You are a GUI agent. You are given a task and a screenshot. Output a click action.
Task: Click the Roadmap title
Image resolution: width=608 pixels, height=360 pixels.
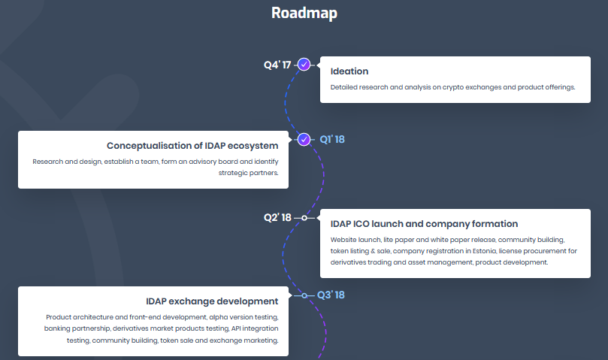click(x=304, y=13)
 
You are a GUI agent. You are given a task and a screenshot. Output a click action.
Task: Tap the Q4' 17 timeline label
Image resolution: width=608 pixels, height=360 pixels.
click(x=277, y=65)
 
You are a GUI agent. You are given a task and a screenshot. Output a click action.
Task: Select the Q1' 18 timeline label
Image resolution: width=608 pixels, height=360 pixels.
click(x=332, y=139)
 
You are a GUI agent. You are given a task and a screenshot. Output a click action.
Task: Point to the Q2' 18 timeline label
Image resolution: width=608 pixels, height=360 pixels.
click(x=277, y=217)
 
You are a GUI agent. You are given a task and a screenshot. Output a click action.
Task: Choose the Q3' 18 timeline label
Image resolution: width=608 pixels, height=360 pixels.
click(x=331, y=295)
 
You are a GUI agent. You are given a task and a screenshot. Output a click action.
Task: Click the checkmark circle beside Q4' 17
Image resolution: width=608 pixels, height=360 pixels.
click(x=304, y=65)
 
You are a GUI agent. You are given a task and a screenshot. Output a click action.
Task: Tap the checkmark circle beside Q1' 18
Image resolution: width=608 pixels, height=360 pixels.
click(x=304, y=139)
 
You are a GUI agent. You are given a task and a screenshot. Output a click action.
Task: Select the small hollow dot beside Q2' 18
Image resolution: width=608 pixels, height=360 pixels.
click(x=304, y=217)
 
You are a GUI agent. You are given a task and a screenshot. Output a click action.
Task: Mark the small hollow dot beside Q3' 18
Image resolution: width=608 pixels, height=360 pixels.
click(x=304, y=295)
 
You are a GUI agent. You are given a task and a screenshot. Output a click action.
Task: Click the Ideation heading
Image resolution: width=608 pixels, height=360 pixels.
click(x=349, y=71)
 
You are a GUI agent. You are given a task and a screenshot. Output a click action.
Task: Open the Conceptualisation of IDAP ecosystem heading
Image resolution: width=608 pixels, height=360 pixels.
click(x=192, y=146)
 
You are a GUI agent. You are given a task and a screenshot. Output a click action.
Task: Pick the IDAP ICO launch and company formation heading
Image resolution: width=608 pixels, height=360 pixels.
click(x=424, y=224)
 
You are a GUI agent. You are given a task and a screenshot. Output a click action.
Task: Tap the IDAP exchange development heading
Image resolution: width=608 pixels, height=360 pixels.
click(x=213, y=301)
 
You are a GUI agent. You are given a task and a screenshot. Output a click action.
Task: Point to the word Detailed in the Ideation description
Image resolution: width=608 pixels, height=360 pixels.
click(x=344, y=87)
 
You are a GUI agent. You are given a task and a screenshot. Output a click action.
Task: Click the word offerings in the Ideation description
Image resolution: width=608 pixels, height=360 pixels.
click(x=557, y=87)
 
